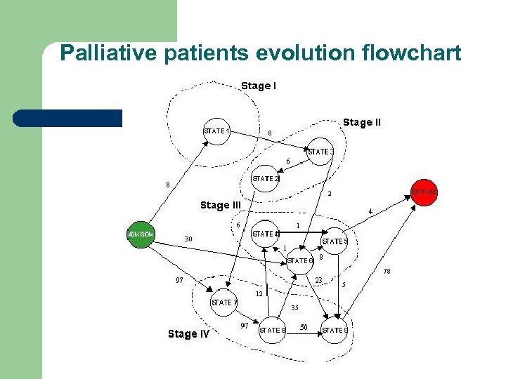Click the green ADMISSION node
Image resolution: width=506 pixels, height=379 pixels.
point(141,234)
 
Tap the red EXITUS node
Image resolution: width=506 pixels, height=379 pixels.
point(424,192)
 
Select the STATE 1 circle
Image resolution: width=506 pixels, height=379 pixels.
point(216,131)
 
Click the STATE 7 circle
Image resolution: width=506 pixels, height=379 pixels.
point(225,302)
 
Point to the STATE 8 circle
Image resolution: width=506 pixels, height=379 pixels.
point(272,329)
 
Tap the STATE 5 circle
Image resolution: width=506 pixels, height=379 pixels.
point(335,241)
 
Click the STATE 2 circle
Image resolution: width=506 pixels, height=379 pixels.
point(265,179)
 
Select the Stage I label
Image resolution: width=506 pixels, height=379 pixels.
point(258,86)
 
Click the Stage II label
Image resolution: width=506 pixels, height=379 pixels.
point(362,122)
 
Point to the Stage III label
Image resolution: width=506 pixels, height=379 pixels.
point(220,205)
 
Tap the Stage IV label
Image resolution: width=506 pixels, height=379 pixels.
point(188,334)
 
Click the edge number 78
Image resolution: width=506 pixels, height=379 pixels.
point(387,271)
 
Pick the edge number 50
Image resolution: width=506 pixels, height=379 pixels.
point(304,326)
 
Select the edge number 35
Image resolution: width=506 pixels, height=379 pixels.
point(294,307)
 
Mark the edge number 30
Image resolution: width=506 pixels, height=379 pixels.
point(188,239)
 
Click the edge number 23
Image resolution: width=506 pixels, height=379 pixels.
point(318,280)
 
